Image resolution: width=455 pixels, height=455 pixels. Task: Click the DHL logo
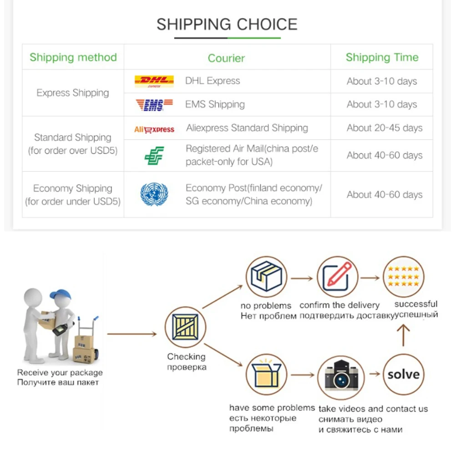(154, 81)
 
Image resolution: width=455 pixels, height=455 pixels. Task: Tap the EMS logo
(154, 105)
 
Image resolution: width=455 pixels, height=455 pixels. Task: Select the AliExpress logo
(154, 129)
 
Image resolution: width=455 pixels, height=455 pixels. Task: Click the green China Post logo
(154, 156)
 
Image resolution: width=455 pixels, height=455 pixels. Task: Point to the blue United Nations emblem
(154, 194)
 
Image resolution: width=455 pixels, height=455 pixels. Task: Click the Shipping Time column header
(382, 57)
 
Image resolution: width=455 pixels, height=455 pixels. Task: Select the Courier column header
(226, 58)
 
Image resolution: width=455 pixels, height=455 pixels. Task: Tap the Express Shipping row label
(73, 93)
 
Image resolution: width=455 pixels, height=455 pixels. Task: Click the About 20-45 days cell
(384, 128)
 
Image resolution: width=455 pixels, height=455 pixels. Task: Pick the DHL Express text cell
(212, 81)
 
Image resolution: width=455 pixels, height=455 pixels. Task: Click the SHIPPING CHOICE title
(227, 24)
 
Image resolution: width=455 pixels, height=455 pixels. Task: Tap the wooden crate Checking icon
(185, 327)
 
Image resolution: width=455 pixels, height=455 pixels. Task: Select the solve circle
(403, 374)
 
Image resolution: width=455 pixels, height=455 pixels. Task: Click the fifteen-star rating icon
(404, 277)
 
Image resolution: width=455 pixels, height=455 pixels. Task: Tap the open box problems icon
(267, 375)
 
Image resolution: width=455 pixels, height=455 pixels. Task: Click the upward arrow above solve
(403, 336)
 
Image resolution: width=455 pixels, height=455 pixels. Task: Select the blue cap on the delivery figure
(61, 294)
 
